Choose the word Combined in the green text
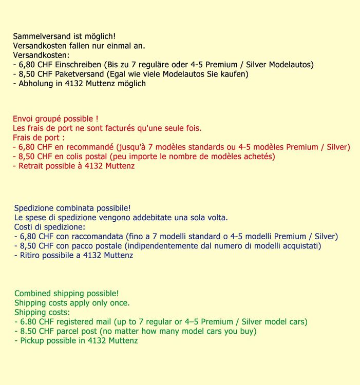34,294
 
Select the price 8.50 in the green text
28,331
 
